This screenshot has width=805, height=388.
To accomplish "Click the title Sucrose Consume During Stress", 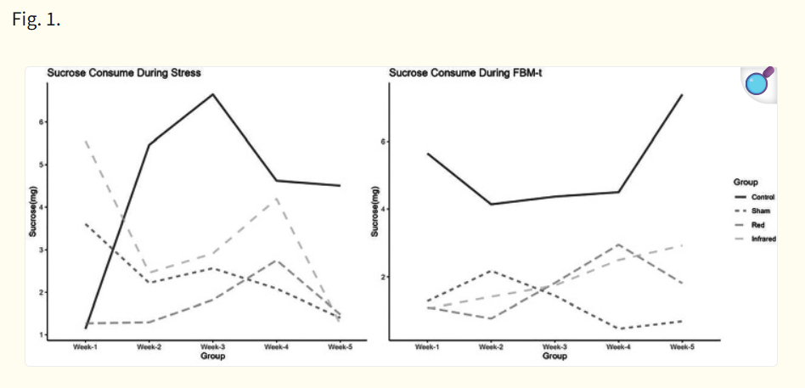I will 123,73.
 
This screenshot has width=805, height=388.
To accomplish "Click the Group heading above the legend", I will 746,182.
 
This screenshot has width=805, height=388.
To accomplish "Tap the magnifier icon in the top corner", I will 758,83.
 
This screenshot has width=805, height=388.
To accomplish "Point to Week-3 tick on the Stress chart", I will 212,347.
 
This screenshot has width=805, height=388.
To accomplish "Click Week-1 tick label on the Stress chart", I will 86,347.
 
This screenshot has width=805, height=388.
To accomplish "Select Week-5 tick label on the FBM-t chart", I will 683,347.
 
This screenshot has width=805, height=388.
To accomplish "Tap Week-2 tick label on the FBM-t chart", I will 491,347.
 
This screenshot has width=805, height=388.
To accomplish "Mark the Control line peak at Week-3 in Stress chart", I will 212,93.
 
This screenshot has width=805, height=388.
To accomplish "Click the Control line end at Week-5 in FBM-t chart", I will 682,95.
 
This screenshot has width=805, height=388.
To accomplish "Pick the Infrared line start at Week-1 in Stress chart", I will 86,141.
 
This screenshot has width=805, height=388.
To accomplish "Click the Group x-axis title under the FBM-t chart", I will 554,357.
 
